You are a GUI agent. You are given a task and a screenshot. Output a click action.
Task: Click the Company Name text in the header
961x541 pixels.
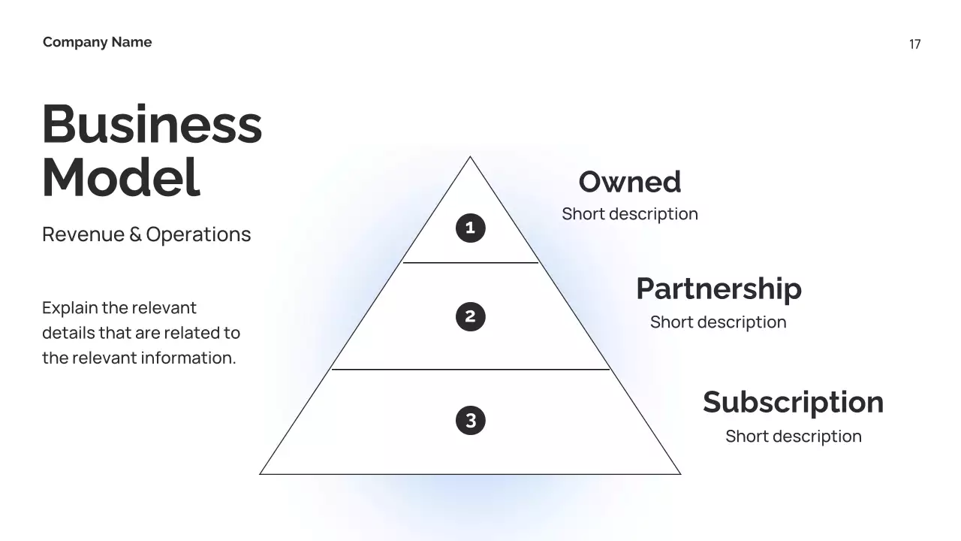[97, 42]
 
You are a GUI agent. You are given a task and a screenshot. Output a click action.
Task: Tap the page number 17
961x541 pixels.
[914, 44]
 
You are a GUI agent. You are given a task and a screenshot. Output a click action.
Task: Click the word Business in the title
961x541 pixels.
[152, 124]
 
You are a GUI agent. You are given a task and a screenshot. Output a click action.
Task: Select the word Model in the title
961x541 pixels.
[121, 178]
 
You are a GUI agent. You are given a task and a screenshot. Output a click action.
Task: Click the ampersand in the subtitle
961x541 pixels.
[135, 234]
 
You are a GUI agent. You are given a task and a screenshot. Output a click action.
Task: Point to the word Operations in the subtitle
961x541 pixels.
[198, 234]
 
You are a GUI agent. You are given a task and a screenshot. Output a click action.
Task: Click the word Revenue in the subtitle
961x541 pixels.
[83, 234]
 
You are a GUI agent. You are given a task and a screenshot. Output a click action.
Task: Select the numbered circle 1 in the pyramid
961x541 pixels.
[471, 228]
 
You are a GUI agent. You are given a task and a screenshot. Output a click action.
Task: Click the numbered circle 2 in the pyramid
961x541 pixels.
[471, 316]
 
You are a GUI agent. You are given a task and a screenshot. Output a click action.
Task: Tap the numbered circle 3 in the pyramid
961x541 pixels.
[471, 420]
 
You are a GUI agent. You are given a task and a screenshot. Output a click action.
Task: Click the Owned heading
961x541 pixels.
[630, 182]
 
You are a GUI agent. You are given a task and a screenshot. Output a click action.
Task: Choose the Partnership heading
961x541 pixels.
[718, 289]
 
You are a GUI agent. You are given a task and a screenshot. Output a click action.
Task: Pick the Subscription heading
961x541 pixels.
[793, 402]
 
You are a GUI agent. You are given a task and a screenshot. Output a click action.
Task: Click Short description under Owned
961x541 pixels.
[630, 214]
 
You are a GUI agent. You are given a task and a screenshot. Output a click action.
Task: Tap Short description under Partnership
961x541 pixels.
[718, 322]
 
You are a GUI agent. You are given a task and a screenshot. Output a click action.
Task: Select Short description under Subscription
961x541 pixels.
[793, 437]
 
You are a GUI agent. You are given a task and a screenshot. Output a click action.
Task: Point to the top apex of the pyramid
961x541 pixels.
[471, 158]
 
